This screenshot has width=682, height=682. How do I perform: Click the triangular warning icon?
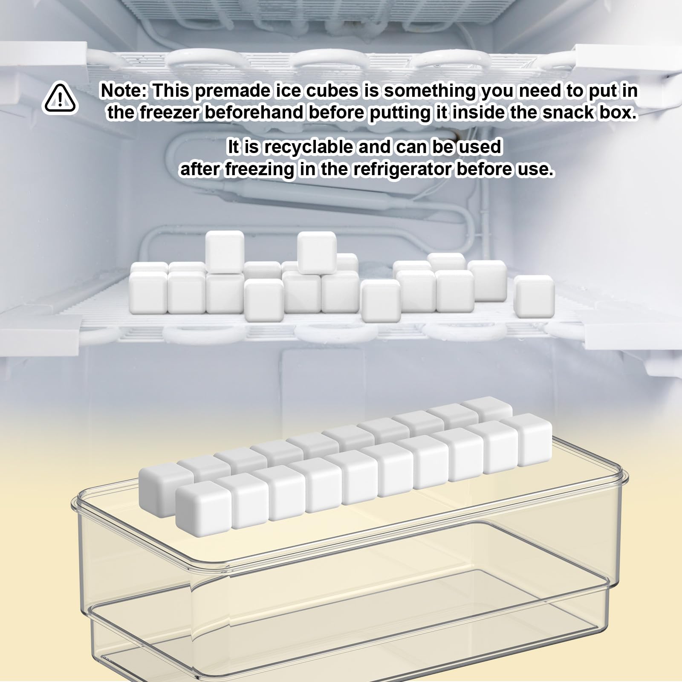coord(60,99)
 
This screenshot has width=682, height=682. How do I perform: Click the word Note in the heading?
coord(124,91)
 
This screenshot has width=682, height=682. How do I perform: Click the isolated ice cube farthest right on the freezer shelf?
coord(534,296)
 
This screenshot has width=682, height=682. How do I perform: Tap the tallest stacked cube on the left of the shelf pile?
coord(225,252)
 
